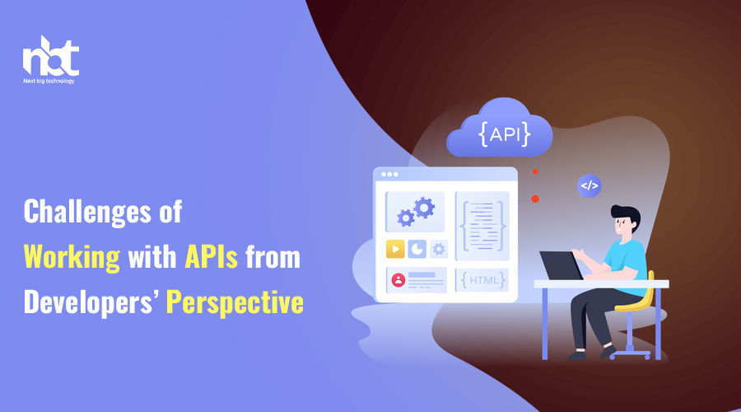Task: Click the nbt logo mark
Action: coord(50,56)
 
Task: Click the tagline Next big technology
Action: coord(49,81)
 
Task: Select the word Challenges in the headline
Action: coord(87,213)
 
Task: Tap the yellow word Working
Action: coord(72,258)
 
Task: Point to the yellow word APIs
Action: coord(212,257)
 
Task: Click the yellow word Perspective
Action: coord(235,303)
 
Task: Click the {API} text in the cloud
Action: coord(504,134)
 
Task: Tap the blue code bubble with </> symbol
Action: coord(590,186)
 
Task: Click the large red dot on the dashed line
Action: coord(535,199)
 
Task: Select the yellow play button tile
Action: coord(395,249)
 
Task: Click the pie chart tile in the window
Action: coord(417,249)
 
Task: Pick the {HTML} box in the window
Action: coord(482,280)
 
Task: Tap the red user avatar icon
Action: coord(398,280)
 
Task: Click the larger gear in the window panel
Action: coord(424,208)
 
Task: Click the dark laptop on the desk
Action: coord(562,265)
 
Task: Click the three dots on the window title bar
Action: coord(389,175)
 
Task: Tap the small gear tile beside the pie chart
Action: coord(439,249)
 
